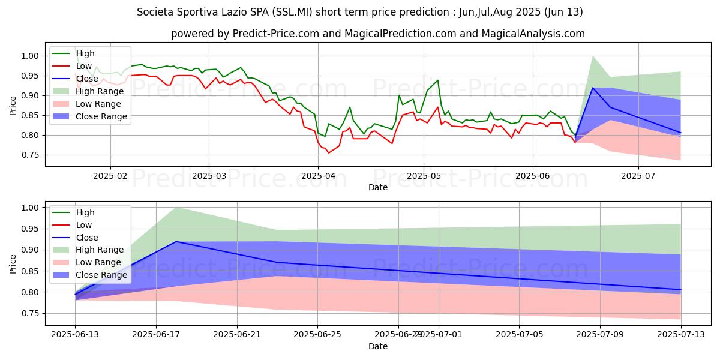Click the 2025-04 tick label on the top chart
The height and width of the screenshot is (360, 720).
coord(318,176)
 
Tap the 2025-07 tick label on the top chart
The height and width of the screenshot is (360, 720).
coord(638,176)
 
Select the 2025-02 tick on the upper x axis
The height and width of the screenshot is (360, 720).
coord(110,176)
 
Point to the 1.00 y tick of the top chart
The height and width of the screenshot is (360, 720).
coord(31,56)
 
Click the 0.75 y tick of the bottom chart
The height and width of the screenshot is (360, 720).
coord(31,313)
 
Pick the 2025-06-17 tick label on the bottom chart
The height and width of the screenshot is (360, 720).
coord(156,334)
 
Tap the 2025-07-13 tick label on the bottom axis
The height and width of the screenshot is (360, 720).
coord(681,334)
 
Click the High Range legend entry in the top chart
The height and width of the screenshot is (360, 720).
coord(98,91)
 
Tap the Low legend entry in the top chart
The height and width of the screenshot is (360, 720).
coord(83,66)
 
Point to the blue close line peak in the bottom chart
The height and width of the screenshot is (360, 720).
coord(176,241)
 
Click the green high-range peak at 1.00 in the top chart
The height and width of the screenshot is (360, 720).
coord(593,56)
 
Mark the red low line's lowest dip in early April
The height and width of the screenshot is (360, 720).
coord(328,153)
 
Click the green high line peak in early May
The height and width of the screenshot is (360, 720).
coord(437,80)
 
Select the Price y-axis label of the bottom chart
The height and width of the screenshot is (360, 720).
coord(13,263)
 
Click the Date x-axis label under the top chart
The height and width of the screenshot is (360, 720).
coord(378,187)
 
